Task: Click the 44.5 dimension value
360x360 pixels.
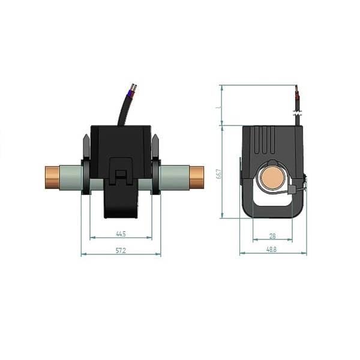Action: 120,233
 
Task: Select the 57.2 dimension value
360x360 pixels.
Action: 120,250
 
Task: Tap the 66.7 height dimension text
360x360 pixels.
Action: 220,173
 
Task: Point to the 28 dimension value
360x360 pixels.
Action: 272,236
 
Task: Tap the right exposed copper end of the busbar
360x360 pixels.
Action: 196,177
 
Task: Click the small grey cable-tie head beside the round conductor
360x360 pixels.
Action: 292,190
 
